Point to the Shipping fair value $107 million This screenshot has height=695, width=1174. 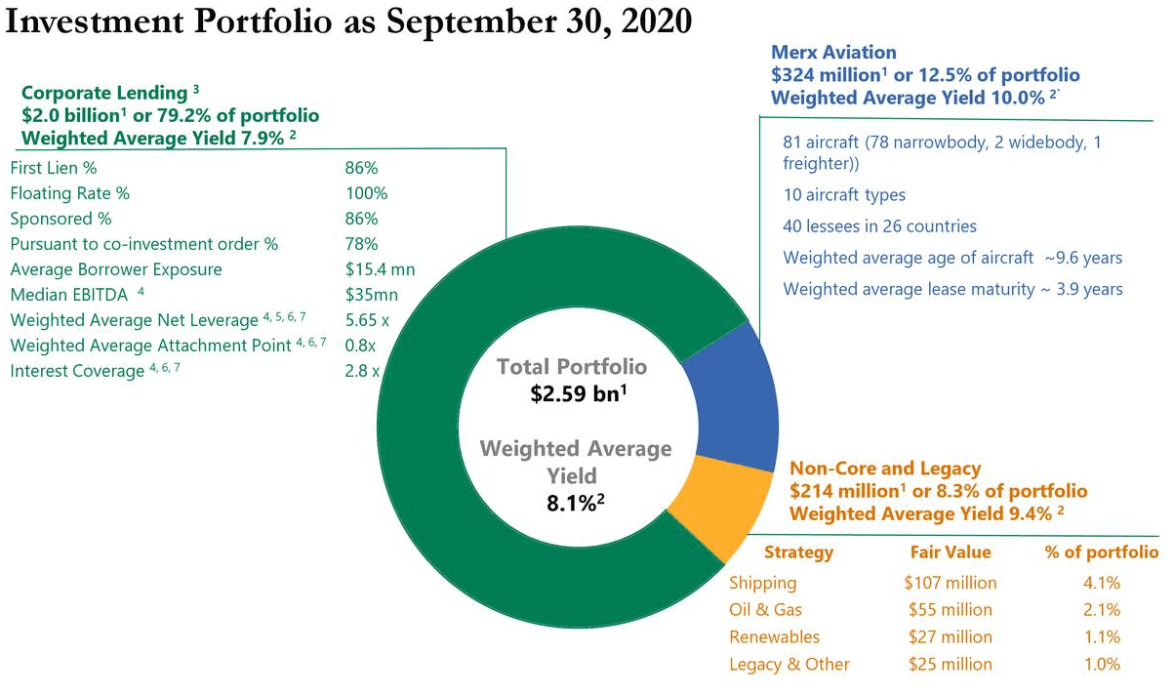[x=950, y=583]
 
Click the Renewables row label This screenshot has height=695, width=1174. [x=774, y=636]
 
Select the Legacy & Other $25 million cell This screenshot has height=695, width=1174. [x=950, y=664]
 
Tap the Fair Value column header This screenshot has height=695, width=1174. [x=950, y=552]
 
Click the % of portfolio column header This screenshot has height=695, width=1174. [x=1101, y=552]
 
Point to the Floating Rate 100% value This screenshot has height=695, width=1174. [x=366, y=193]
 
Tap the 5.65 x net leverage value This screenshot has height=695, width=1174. [x=367, y=319]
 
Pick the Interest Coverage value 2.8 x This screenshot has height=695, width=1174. [x=361, y=371]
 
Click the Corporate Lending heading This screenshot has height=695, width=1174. [x=103, y=93]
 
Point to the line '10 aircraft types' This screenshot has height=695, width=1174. [x=843, y=195]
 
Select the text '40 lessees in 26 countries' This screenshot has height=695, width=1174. [x=879, y=226]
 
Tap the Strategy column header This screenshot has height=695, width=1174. [x=798, y=552]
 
